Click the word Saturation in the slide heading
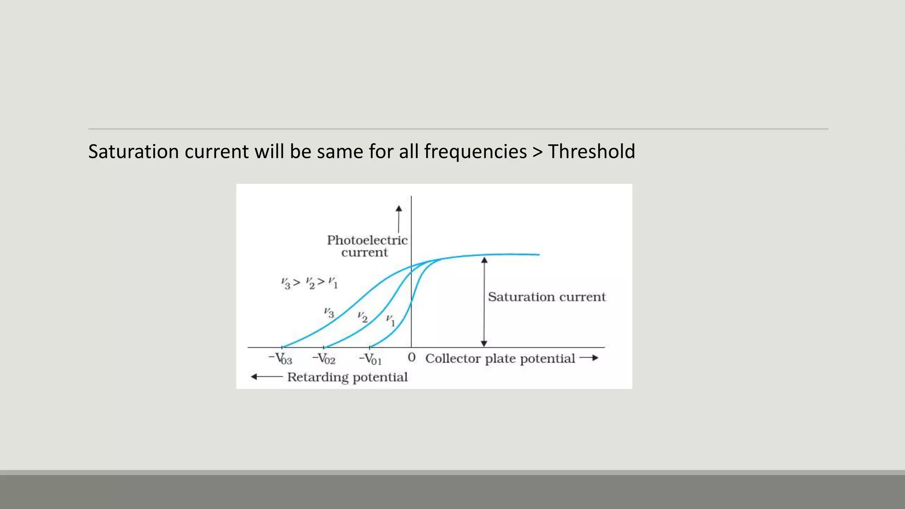tap(133, 152)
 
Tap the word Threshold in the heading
tap(591, 152)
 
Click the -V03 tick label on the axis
tap(281, 358)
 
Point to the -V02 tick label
tap(324, 358)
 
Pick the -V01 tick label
tap(370, 358)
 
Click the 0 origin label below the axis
tap(411, 357)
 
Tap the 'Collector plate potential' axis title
tap(500, 358)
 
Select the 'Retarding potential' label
tap(347, 377)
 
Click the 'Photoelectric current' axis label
tap(367, 246)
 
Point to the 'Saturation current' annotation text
tap(547, 296)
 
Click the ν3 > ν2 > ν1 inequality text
tap(309, 282)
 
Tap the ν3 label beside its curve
tap(329, 312)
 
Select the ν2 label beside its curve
tap(362, 317)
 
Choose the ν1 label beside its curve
tap(390, 320)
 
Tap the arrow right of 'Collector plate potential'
tap(589, 358)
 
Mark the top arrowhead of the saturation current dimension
tap(484, 260)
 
